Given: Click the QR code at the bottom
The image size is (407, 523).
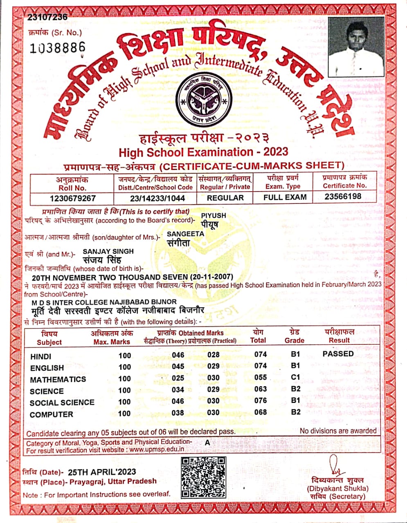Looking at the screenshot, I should [203, 477].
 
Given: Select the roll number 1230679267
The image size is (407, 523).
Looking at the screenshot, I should [72, 198].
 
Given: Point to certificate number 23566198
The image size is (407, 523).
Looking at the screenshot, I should [343, 197].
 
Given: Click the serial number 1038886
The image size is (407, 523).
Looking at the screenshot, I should [57, 48].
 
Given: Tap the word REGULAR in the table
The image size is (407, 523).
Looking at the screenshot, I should [225, 198].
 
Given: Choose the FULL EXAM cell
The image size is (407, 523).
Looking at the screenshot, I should [285, 197].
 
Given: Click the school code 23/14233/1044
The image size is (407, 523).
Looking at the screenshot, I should [155, 198].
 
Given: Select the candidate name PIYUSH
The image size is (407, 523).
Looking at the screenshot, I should [213, 215].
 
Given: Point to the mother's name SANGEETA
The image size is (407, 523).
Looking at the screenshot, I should [185, 234].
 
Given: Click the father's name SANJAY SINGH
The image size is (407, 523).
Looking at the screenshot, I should [108, 251].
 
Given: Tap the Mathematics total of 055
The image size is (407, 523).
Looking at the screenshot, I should [260, 378].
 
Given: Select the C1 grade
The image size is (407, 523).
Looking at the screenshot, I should [295, 377].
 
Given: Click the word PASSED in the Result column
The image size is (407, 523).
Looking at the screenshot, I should [338, 354].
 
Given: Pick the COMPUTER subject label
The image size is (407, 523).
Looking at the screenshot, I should [52, 414].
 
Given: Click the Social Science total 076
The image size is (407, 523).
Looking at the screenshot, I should [260, 401].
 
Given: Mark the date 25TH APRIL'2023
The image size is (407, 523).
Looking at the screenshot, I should [102, 472].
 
